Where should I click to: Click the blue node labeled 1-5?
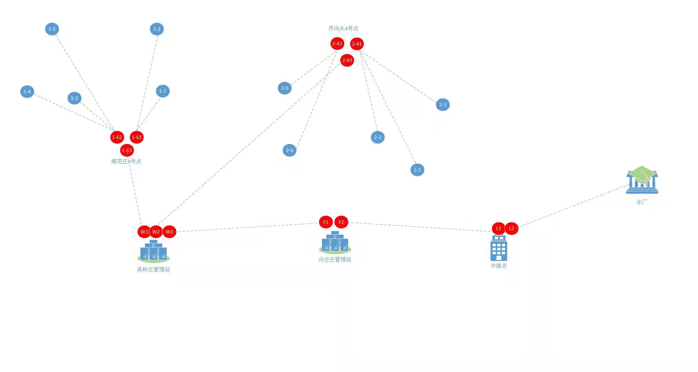[52, 29]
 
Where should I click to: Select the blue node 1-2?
[157, 29]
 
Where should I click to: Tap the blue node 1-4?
[27, 92]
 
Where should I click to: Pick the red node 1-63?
[127, 150]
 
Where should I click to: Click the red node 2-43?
[347, 60]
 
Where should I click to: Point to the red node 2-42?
[337, 44]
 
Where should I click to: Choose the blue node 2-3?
[443, 105]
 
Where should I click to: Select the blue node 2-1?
[417, 170]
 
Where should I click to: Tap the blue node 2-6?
[289, 150]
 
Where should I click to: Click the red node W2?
[156, 232]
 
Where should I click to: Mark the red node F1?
[326, 222]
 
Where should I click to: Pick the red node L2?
[511, 228]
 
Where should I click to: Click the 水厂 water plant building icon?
[642, 180]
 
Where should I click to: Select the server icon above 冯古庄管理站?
[335, 242]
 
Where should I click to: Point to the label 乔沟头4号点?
[343, 28]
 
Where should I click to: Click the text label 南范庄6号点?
[126, 161]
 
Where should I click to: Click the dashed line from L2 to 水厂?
[573, 207]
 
